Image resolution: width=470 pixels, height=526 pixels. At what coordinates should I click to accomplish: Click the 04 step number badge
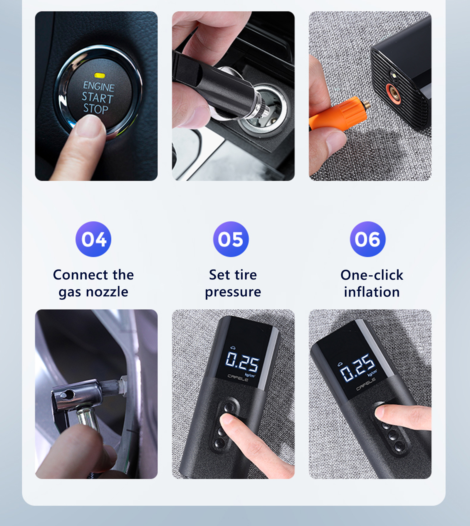pos(93,239)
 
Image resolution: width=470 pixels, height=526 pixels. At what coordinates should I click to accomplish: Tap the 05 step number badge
pos(231,239)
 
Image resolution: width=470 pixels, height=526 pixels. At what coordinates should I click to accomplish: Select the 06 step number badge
pos(368,239)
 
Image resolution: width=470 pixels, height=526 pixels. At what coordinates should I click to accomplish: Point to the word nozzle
pos(107,292)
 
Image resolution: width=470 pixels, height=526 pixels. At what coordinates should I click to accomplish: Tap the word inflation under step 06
pos(372,292)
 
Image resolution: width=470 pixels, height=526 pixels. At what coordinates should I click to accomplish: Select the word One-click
pos(372,275)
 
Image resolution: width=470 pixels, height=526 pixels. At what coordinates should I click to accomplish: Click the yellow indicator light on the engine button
pos(100,76)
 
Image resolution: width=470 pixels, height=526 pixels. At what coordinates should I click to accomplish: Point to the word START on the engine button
pos(98,98)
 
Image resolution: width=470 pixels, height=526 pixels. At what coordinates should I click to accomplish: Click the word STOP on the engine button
pos(96,109)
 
